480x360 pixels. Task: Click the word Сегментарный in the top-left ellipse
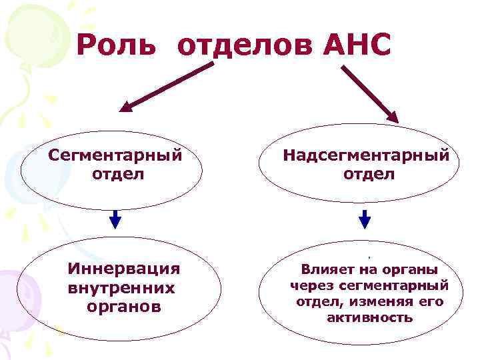[x=115, y=155]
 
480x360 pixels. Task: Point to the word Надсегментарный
[x=366, y=155]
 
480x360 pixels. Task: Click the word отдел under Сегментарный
[x=115, y=174]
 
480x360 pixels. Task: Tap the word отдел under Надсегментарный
[x=369, y=174]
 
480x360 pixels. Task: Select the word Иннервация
[x=124, y=269]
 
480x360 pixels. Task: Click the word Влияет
[x=329, y=270]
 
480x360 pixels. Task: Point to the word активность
[x=369, y=317]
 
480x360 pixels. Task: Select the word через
[x=310, y=286]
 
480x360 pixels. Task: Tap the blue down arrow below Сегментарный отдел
[x=115, y=218]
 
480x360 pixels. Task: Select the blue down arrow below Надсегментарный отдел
[x=365, y=218]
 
